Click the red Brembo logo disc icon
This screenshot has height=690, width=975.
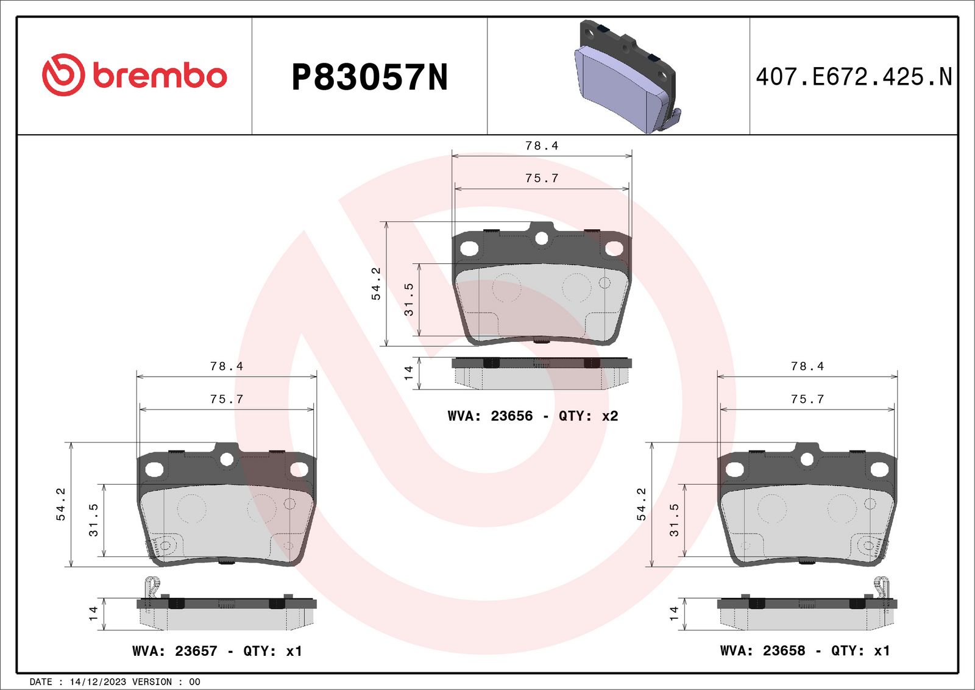click(63, 75)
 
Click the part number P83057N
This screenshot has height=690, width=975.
click(369, 77)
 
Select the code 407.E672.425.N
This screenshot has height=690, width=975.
click(854, 77)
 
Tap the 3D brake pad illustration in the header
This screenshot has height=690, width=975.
click(627, 77)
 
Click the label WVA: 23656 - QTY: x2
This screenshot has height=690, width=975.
click(533, 416)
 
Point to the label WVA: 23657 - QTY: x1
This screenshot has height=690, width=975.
click(217, 651)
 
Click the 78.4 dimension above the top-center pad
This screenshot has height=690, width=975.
click(542, 146)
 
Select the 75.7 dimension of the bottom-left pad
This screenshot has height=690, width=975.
click(226, 399)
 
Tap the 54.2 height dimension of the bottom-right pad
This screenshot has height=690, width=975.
click(641, 504)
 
